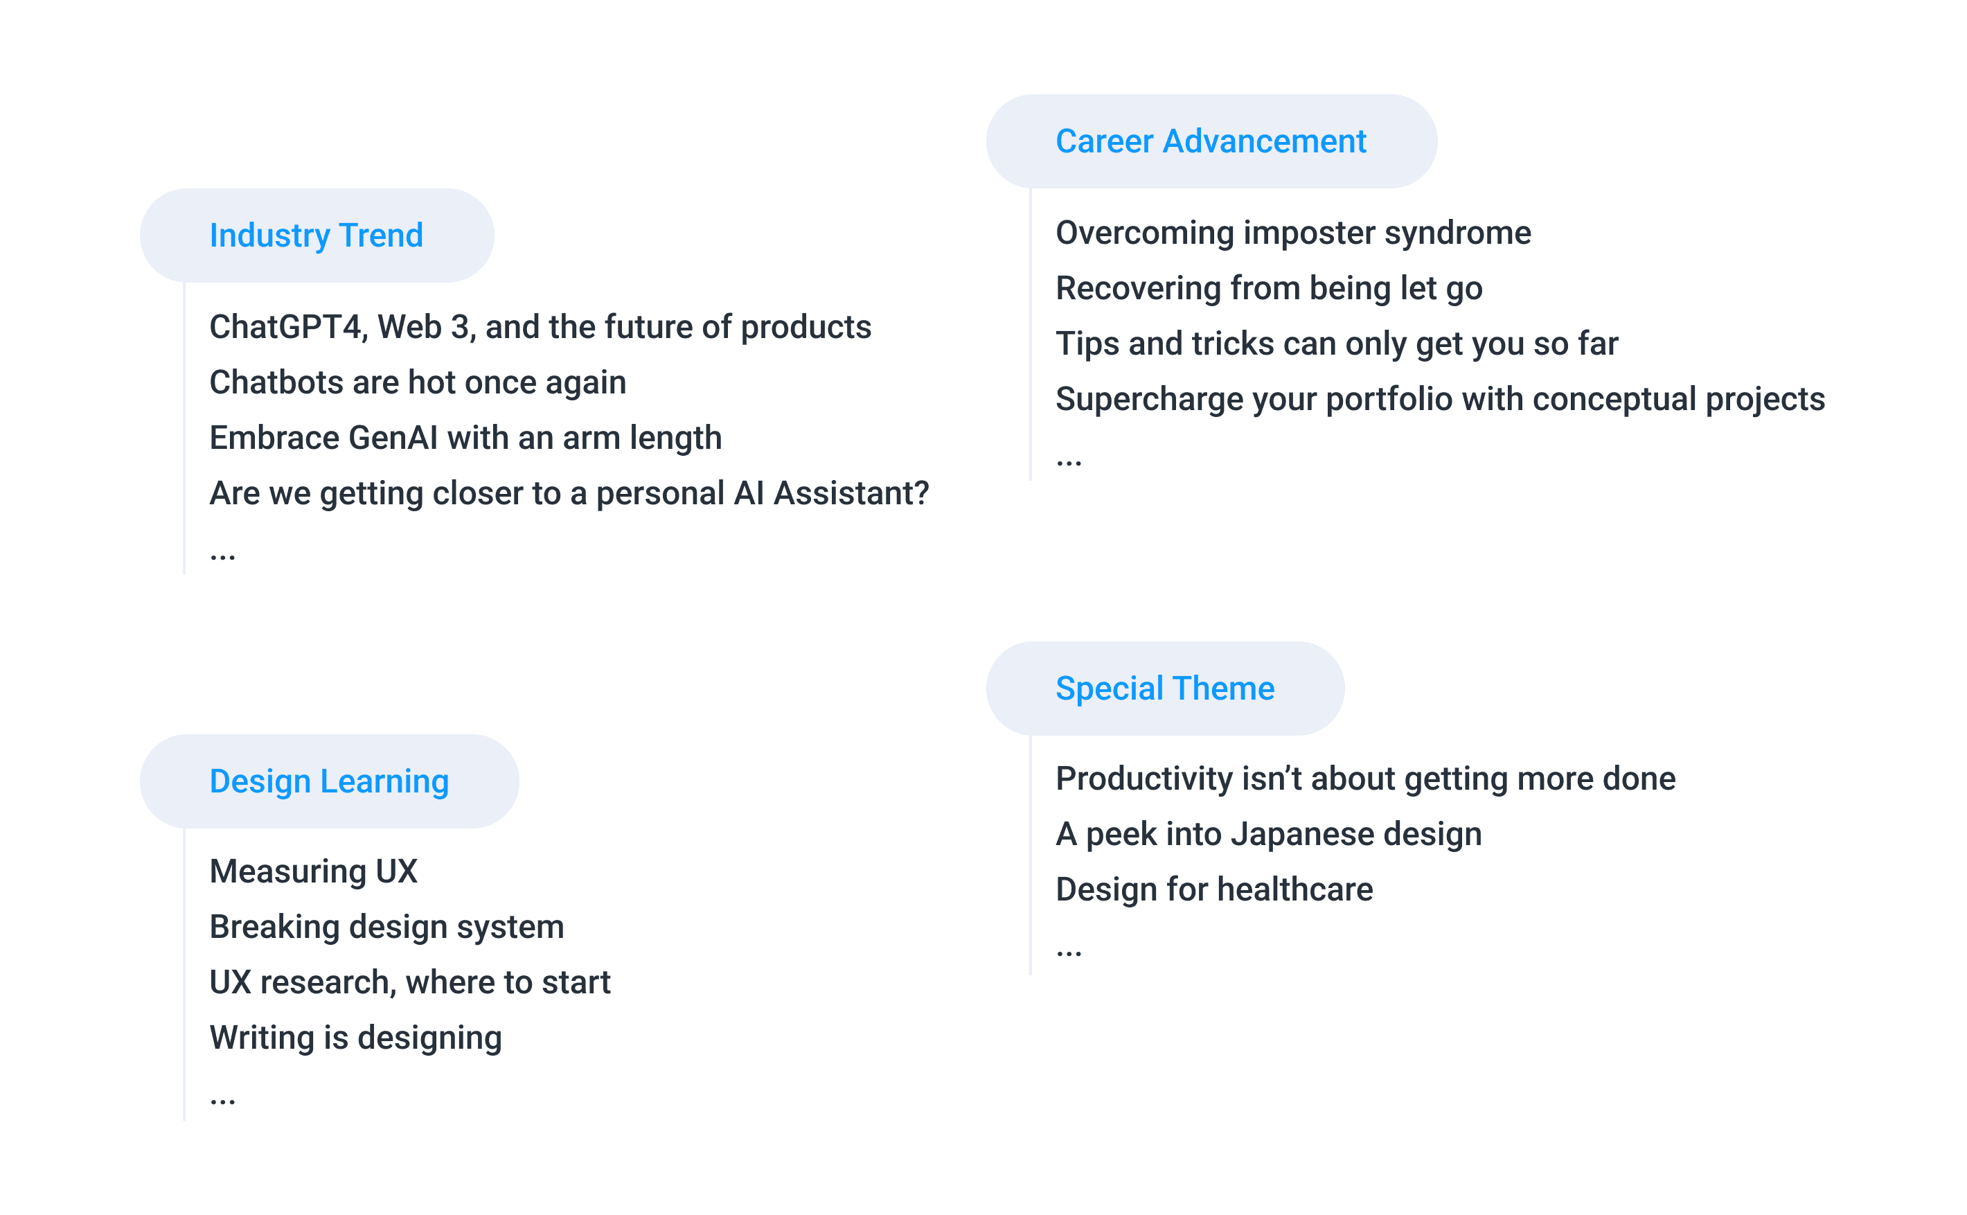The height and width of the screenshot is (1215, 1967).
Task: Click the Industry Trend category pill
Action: pos(317,236)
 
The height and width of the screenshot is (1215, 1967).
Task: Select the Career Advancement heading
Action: pos(1211,141)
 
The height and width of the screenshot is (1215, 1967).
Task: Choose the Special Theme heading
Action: pos(1165,689)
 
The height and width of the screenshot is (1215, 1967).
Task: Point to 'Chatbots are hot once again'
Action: pos(418,382)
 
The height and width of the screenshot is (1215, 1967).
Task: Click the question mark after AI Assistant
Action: pos(921,493)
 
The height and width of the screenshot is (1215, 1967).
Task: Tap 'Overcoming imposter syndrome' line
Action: pos(1293,233)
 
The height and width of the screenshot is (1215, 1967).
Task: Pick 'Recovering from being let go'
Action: pos(1269,288)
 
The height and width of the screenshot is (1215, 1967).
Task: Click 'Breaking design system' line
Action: pos(386,928)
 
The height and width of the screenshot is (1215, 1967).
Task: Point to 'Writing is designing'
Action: pos(356,1038)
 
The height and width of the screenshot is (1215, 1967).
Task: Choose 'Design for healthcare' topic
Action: pos(1214,889)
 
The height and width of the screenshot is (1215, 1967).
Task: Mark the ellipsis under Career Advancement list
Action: pos(1069,463)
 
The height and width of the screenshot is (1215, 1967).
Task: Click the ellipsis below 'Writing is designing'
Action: pos(222,1101)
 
